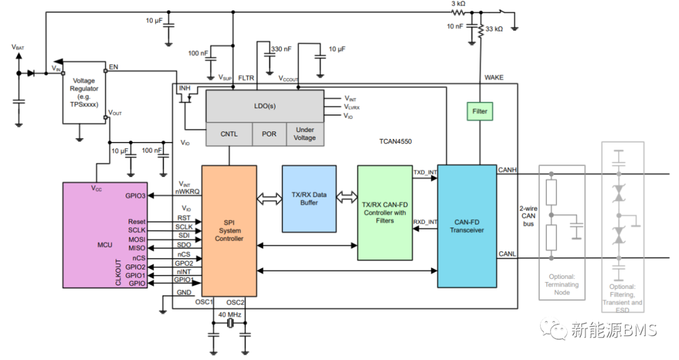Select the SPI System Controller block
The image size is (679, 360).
[229, 230]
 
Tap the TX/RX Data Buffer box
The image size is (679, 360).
[309, 199]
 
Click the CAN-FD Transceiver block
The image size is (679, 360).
[466, 226]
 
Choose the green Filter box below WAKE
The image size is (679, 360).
[480, 111]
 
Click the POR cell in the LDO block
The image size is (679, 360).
[268, 134]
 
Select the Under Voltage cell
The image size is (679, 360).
[305, 134]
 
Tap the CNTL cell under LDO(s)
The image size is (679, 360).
[229, 134]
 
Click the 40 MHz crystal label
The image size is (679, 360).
[229, 314]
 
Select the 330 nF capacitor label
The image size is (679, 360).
[281, 49]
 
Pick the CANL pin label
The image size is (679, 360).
[507, 253]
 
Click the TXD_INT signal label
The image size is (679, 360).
[424, 172]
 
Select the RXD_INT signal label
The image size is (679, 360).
[424, 222]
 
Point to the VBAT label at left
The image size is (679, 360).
[18, 46]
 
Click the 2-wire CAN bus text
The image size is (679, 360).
[528, 215]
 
